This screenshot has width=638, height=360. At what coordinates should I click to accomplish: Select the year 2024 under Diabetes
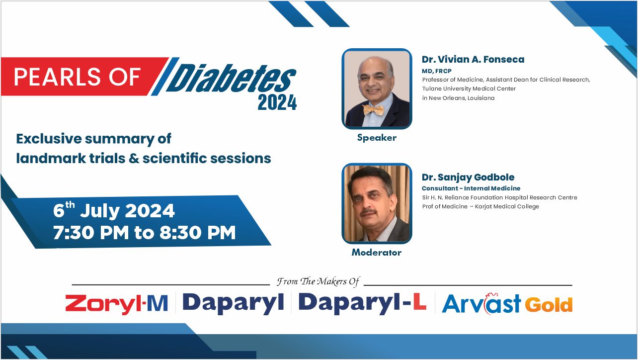277,103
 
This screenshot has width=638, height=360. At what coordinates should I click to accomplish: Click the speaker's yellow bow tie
373,110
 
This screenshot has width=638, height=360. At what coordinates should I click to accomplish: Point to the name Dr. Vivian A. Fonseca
473,59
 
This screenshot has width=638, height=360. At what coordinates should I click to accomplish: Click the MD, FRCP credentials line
437,71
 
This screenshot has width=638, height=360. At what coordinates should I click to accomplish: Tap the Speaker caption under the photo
377,138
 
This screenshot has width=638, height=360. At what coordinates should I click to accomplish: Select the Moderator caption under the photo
377,252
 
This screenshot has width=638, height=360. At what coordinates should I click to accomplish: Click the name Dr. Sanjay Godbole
468,178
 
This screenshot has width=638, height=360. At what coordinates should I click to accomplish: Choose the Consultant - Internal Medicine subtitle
471,188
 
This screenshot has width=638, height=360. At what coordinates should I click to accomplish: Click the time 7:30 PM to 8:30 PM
145,233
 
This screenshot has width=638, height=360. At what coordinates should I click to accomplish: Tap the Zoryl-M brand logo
116,304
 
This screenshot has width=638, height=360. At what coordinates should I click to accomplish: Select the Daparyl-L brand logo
362,303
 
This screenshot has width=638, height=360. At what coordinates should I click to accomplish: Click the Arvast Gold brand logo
507,303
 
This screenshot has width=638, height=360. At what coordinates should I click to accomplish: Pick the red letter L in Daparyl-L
419,301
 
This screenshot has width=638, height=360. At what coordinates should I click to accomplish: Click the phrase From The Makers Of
318,281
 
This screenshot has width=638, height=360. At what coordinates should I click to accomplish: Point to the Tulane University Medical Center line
469,89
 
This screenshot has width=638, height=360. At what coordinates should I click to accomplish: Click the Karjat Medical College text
507,206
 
